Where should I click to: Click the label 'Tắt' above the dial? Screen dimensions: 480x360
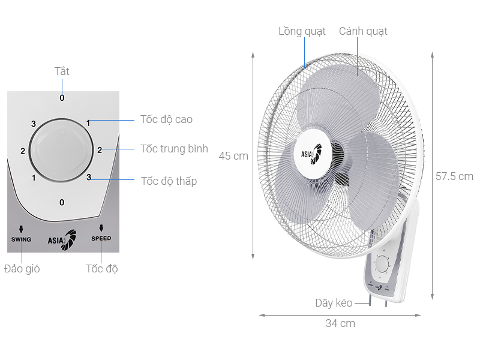coord(62,71)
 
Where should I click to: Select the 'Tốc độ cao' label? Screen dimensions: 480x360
coord(166,119)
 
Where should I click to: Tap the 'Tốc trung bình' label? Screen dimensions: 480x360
coord(174,149)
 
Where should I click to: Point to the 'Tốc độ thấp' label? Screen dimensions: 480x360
coord(169,181)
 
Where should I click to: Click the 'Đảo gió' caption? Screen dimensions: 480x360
coord(22,269)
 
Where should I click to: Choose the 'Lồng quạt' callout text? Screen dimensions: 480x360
coord(302,31)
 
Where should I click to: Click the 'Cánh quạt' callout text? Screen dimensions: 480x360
coord(363,31)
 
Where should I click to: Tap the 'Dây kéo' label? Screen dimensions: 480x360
coord(334,303)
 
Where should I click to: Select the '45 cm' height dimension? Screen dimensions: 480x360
coord(233,156)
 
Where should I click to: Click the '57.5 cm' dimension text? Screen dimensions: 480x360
coord(454,176)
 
